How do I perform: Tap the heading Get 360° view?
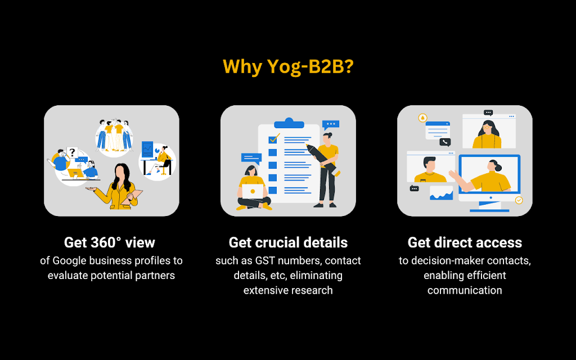pyautogui.click(x=110, y=242)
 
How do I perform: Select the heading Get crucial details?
pyautogui.click(x=288, y=242)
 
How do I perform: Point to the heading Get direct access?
pyautogui.click(x=465, y=242)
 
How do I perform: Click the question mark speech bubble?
pyautogui.click(x=71, y=152)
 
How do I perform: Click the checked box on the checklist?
pyautogui.click(x=274, y=138)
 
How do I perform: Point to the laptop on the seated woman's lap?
pyautogui.click(x=253, y=192)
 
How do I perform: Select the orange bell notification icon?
pyautogui.click(x=422, y=118)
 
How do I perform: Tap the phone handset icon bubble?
pyautogui.click(x=445, y=142)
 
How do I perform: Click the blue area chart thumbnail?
pyautogui.click(x=442, y=193)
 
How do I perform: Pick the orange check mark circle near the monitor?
pyautogui.click(x=519, y=200)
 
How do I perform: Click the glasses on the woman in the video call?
pyautogui.click(x=487, y=127)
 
